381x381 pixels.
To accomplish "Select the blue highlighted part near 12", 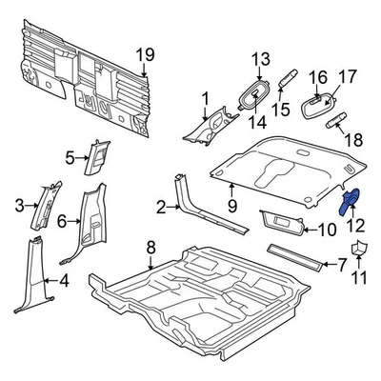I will [x=349, y=203].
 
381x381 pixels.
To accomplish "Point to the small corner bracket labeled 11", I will [x=358, y=251].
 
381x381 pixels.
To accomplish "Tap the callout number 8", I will [x=150, y=249].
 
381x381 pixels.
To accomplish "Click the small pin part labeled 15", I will [x=290, y=83].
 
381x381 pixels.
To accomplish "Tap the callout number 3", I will [x=19, y=205].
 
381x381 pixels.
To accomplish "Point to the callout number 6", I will [x=62, y=221].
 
